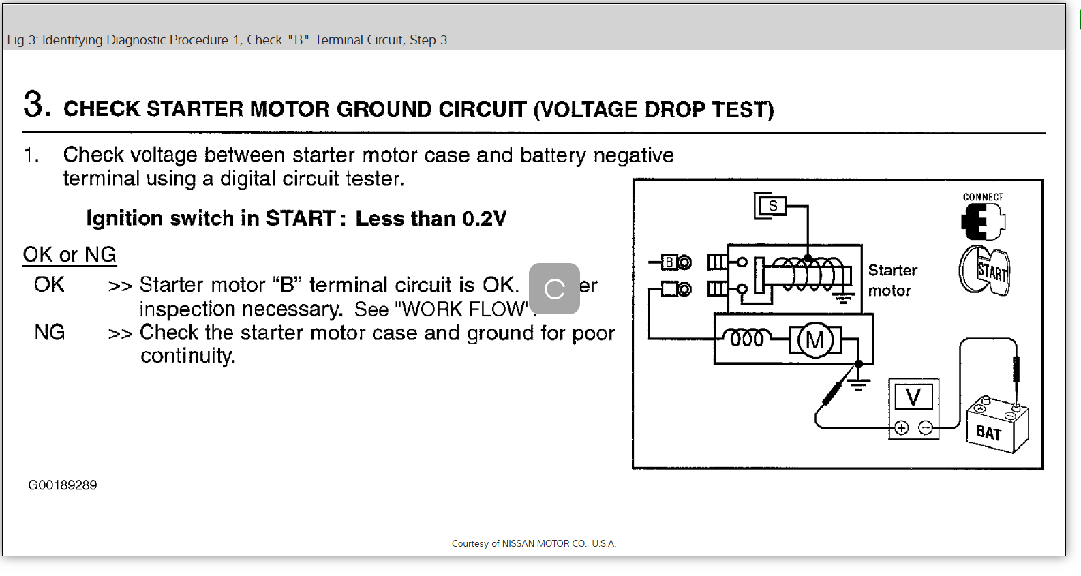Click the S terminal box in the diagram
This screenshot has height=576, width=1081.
(x=772, y=205)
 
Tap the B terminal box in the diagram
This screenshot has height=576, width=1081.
(x=669, y=262)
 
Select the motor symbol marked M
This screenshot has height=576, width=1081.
(x=814, y=339)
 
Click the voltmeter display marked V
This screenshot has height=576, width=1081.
(x=913, y=397)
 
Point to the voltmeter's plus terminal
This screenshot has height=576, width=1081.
(x=901, y=428)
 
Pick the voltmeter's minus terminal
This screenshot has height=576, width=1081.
(x=926, y=428)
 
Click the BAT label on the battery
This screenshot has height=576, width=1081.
(x=988, y=433)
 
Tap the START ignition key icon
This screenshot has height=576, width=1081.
(x=985, y=271)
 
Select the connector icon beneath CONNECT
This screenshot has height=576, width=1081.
(x=983, y=221)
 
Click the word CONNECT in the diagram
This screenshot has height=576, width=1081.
(x=983, y=197)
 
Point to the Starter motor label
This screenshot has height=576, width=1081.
(x=892, y=280)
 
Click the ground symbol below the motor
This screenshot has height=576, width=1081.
(x=859, y=382)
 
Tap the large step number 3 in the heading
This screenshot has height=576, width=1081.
(x=36, y=104)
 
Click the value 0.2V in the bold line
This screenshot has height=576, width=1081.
(x=484, y=219)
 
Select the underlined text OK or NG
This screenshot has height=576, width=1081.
(x=70, y=255)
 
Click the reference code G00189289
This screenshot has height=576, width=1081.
(x=63, y=485)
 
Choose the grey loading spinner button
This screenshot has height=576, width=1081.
(x=554, y=289)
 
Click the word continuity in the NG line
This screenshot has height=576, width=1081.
(x=187, y=356)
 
